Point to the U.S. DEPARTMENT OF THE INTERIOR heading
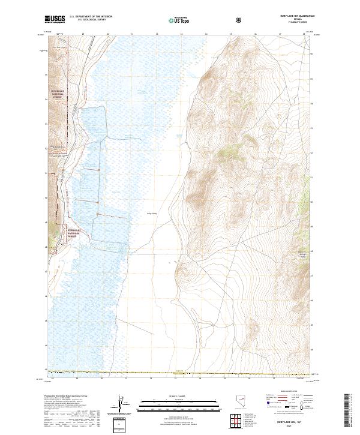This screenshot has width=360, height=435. click(x=91, y=17)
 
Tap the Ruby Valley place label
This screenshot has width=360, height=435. click(x=152, y=212)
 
